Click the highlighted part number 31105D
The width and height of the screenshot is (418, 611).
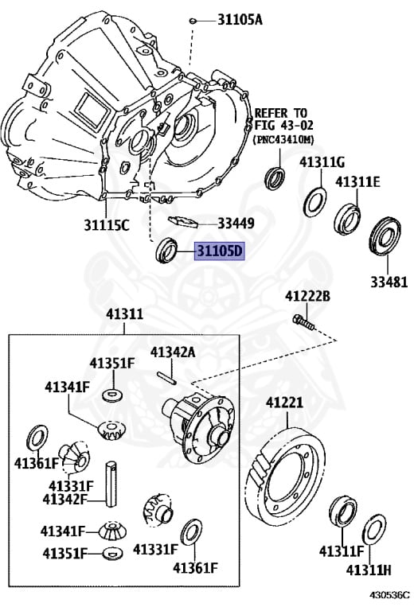click(220, 251)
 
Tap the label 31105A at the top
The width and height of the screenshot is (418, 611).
click(240, 19)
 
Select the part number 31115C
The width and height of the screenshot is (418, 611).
click(107, 225)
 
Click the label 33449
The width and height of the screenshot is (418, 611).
click(236, 224)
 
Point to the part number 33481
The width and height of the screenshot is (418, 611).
click(389, 282)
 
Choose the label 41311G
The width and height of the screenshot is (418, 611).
click(322, 162)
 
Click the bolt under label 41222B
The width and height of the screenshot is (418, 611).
click(303, 322)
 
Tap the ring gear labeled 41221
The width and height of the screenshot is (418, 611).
click(285, 474)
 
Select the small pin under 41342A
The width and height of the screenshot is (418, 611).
click(167, 379)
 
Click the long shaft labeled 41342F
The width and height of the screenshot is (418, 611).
click(111, 484)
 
